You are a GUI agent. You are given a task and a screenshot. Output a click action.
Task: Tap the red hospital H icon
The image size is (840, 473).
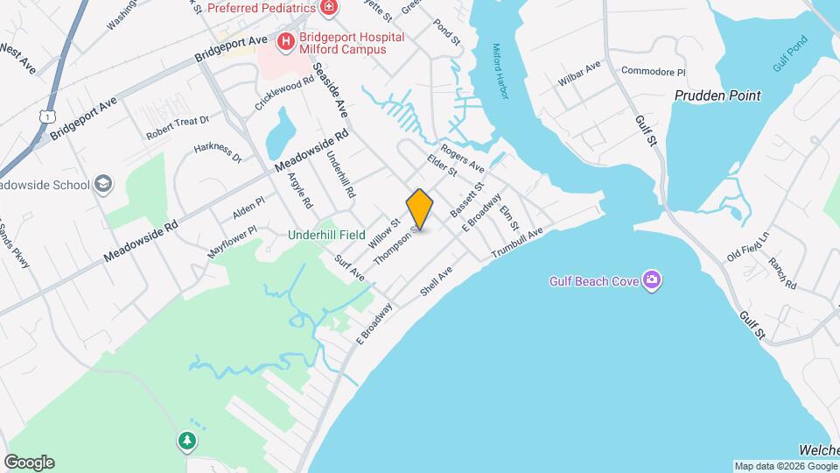coord(285,41)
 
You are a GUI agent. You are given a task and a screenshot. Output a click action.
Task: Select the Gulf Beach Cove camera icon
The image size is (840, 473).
coord(651,280)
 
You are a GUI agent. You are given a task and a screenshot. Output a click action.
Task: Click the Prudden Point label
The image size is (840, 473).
coord(717,95)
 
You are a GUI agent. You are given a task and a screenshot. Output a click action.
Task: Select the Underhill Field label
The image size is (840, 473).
coord(328,235)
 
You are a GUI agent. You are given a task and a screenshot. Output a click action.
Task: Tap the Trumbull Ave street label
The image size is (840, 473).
coord(518,243)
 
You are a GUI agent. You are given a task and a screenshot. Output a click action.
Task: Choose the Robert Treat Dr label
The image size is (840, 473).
coord(178,129)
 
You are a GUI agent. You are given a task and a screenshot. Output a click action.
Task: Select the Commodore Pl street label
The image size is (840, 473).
coord(653,71)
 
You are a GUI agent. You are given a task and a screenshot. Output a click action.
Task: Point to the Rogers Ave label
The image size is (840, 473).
coord(463,157)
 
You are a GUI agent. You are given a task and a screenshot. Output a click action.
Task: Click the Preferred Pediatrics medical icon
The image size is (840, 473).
coord(329,9)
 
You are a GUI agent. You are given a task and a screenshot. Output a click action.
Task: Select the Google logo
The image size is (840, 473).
coord(29,462)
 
